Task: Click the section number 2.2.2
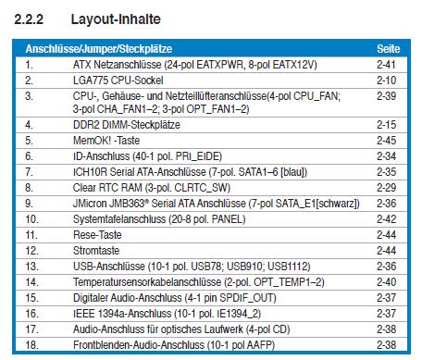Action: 29,19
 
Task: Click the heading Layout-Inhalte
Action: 116,19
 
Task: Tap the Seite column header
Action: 388,49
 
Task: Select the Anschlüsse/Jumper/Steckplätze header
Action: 99,49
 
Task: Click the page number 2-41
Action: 386,65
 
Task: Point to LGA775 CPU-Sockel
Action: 118,81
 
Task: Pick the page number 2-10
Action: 386,81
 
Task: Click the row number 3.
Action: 29,96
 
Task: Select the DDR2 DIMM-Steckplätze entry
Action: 127,125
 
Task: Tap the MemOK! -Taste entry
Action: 106,141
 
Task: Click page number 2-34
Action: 386,156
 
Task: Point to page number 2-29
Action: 386,188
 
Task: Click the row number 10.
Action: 31,219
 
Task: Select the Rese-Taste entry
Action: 97,235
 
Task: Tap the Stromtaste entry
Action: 96,251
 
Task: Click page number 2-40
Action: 386,282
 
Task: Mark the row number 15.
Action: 31,298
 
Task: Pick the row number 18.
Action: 31,345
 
